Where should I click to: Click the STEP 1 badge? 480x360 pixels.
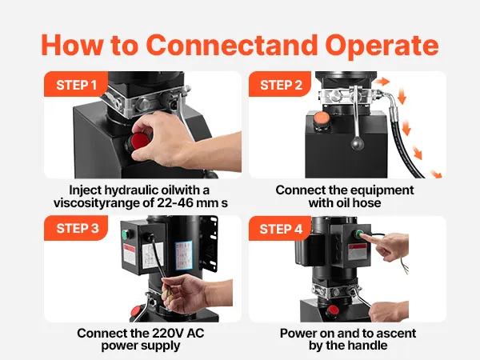pos(76,85)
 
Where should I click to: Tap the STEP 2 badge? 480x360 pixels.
pos(280,85)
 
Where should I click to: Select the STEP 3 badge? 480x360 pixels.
pos(76,228)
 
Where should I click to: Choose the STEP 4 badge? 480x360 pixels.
pos(280,229)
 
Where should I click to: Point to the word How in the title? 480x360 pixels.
pos(72,45)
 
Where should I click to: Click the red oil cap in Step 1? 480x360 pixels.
pos(139,142)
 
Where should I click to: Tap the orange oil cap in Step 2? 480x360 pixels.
pos(322,118)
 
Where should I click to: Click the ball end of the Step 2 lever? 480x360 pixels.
pos(358,143)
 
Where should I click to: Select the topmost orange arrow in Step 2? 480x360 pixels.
pos(382,82)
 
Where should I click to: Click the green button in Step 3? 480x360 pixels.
pos(125,234)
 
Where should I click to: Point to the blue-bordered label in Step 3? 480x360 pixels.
pos(184,255)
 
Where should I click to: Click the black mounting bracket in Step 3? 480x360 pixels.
pos(209,243)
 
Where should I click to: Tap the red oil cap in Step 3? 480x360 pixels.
pos(136,311)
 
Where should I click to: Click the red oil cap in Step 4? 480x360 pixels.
pos(333,310)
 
